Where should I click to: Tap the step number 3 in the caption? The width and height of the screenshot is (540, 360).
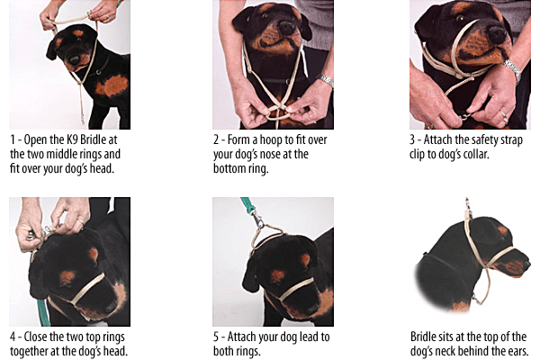412,140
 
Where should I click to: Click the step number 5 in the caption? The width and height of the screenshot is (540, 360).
216,337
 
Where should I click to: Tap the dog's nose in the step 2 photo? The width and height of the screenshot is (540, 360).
288,28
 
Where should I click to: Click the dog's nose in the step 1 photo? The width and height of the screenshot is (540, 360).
75,60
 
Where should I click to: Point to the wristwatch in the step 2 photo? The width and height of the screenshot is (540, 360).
326,80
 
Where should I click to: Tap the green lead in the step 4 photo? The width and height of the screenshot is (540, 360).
43,313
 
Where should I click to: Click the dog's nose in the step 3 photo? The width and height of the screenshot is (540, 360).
497,35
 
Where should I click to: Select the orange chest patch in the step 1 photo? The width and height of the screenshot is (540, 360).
112,85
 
